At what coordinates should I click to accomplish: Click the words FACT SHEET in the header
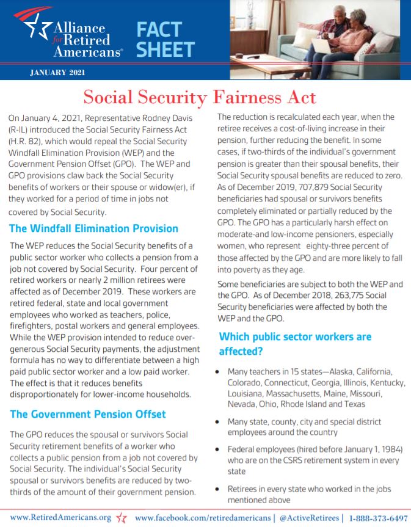pyautogui.click(x=165, y=39)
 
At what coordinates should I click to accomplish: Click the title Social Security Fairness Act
pyautogui.click(x=200, y=97)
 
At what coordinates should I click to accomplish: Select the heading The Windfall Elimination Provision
pyautogui.click(x=93, y=228)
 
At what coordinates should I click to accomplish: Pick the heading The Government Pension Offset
pyautogui.click(x=87, y=414)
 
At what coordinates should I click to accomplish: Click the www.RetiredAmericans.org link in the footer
pyautogui.click(x=60, y=517)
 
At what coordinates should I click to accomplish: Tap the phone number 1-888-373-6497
pyautogui.click(x=379, y=518)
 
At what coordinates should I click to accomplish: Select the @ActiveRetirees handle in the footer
pyautogui.click(x=308, y=518)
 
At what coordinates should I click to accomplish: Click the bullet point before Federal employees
pyautogui.click(x=219, y=449)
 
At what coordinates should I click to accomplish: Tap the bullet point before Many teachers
pyautogui.click(x=219, y=372)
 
